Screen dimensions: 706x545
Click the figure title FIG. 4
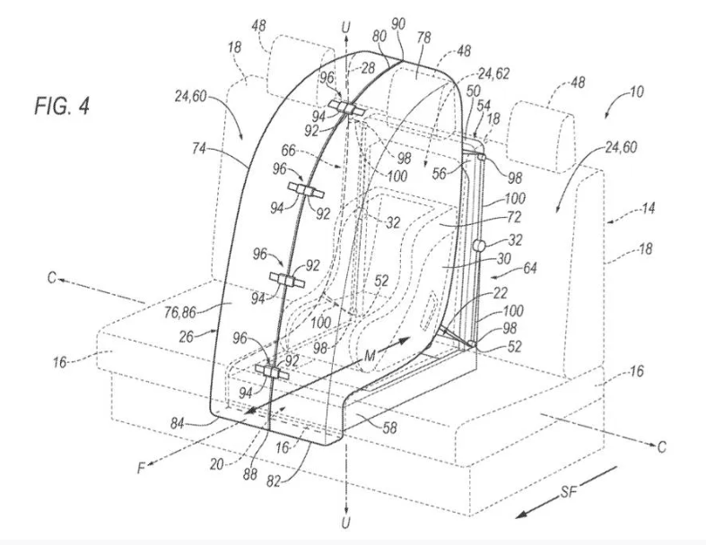pyautogui.click(x=62, y=106)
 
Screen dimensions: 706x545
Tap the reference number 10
pyautogui.click(x=637, y=92)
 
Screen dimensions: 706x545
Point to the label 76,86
pyautogui.click(x=180, y=311)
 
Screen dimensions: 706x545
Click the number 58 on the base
pyautogui.click(x=390, y=427)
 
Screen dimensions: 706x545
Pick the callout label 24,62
pyautogui.click(x=493, y=73)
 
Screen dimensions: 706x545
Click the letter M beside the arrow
pyautogui.click(x=370, y=356)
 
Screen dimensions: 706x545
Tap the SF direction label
pyautogui.click(x=569, y=492)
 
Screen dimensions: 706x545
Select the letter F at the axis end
pyautogui.click(x=142, y=469)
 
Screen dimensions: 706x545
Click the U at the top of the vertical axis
pyautogui.click(x=345, y=28)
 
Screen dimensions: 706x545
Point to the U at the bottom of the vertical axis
pyautogui.click(x=345, y=523)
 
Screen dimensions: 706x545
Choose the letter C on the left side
pyautogui.click(x=52, y=278)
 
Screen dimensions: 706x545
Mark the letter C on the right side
pyautogui.click(x=661, y=447)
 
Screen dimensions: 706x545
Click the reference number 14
pyautogui.click(x=647, y=208)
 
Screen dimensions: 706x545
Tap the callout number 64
pyautogui.click(x=529, y=268)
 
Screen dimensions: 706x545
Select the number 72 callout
pyautogui.click(x=513, y=218)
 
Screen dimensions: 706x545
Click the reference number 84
pyautogui.click(x=179, y=423)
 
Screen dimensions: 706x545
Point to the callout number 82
pyautogui.click(x=273, y=481)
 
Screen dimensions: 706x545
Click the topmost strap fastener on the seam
pyautogui.click(x=347, y=108)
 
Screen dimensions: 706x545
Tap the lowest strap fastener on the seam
pyautogui.click(x=272, y=372)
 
